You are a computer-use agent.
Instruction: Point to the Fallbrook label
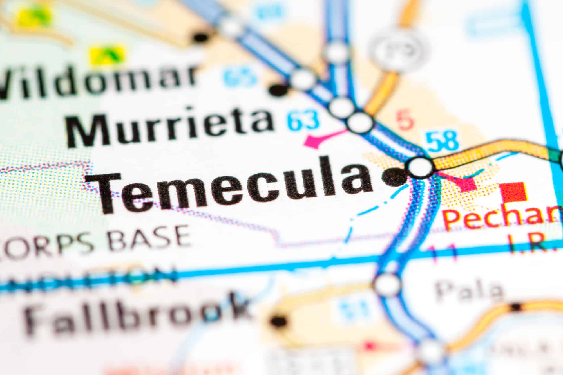pos(135,315)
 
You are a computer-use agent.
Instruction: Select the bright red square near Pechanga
pos(513,192)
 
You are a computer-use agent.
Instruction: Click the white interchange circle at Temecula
pos(420,167)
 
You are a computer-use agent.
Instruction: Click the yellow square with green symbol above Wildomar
pos(107,55)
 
